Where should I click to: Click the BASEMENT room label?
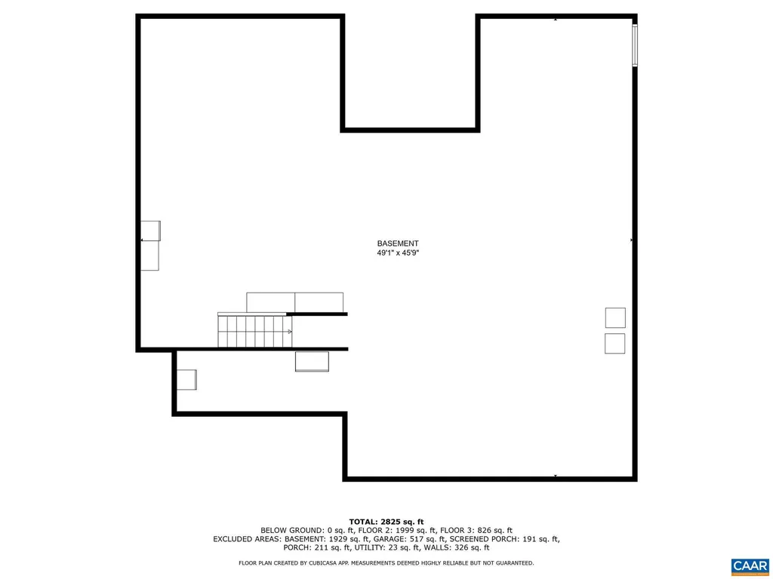click(x=398, y=244)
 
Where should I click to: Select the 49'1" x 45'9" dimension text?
click(x=398, y=253)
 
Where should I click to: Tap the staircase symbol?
click(x=255, y=332)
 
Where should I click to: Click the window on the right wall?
click(x=635, y=45)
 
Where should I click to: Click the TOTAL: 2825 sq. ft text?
click(x=386, y=522)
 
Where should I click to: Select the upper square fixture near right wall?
click(x=615, y=317)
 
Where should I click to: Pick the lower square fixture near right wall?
click(x=615, y=343)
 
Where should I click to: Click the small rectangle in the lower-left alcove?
click(x=186, y=379)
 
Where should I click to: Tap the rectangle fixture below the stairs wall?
click(x=312, y=362)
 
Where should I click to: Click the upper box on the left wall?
click(x=151, y=230)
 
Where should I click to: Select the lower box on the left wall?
click(x=150, y=256)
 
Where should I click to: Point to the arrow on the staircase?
click(x=289, y=331)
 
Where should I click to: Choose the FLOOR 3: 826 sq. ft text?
click(x=483, y=531)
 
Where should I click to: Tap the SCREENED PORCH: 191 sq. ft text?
click(x=506, y=539)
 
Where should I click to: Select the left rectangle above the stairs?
click(x=270, y=302)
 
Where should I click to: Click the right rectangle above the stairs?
click(x=319, y=302)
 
